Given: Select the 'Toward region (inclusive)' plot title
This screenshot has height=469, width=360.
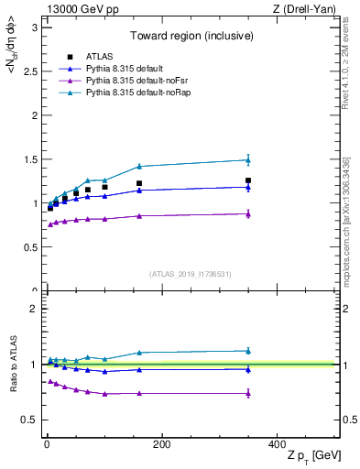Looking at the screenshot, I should (191, 36).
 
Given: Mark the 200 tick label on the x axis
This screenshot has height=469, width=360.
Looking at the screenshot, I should (161, 445).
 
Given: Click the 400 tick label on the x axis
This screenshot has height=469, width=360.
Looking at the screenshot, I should (277, 445).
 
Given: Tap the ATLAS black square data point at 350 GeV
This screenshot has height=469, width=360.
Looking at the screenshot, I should (247, 180).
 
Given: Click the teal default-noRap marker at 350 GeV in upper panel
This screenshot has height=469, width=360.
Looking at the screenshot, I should (247, 160).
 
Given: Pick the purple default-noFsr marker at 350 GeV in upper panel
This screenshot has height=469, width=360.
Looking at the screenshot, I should (247, 213).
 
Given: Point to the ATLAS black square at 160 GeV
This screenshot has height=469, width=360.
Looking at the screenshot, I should (138, 183).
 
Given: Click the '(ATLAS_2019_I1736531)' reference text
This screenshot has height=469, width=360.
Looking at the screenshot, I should (191, 274).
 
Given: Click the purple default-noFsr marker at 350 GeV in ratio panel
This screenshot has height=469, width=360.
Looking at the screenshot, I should (247, 393).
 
